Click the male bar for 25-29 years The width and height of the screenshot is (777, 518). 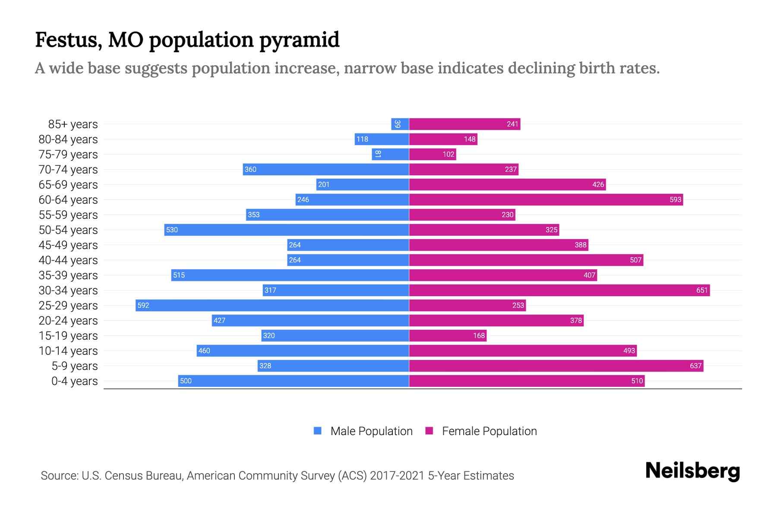tap(272, 305)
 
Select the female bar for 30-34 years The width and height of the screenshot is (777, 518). tap(559, 290)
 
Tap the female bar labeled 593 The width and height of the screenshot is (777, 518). tap(546, 199)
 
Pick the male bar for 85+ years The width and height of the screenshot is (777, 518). tap(400, 124)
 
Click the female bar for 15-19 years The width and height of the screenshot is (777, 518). tap(448, 335)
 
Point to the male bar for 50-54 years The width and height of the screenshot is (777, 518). tap(287, 230)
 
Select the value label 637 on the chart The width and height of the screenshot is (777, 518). tap(695, 366)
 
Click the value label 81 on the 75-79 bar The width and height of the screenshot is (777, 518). tap(378, 154)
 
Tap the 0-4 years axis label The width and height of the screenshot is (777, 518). tap(74, 381)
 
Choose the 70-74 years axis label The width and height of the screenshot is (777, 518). tap(68, 170)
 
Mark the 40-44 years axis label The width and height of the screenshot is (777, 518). tap(68, 260)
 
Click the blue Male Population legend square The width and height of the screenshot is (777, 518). tap(318, 431)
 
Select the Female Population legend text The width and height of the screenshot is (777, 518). tap(489, 431)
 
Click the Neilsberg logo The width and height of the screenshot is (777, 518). tap(692, 471)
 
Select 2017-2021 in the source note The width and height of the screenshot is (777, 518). tap(397, 476)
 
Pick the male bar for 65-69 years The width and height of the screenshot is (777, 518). tap(363, 184)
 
